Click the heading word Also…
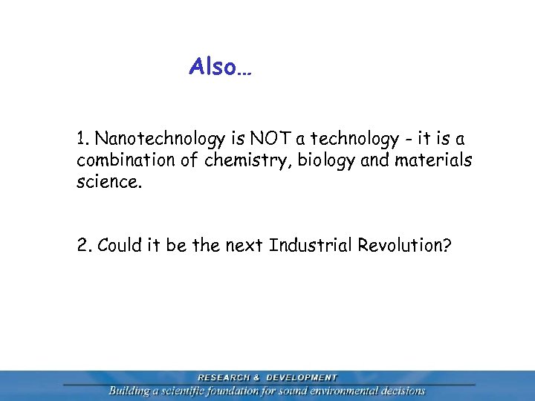point(221,68)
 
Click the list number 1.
point(82,139)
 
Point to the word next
point(242,245)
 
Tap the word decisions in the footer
point(403,391)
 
